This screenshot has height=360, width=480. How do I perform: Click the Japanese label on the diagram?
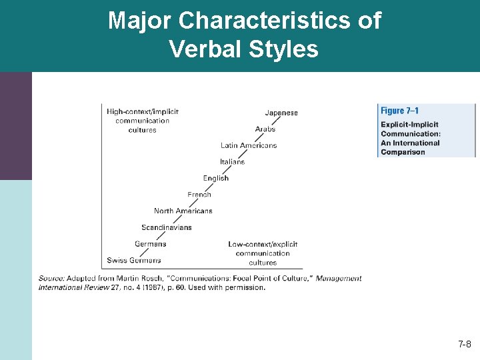(281, 113)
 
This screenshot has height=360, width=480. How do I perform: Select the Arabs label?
(265, 129)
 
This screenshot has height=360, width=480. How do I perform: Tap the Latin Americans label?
(249, 145)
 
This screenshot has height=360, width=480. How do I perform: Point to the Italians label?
(232, 161)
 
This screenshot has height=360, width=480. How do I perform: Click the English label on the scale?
(216, 178)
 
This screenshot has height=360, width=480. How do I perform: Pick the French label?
(199, 195)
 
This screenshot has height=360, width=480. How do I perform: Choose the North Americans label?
(183, 211)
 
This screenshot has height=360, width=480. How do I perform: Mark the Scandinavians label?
(166, 227)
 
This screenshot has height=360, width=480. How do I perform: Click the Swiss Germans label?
(133, 260)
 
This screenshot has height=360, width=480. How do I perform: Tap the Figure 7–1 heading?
(400, 111)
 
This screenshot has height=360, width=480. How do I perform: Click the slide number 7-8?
(465, 345)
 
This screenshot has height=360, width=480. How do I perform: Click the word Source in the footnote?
(51, 279)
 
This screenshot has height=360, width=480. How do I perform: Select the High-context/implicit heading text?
(143, 111)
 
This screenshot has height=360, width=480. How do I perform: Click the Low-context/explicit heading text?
(263, 244)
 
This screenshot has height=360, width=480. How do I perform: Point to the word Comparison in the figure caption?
(403, 152)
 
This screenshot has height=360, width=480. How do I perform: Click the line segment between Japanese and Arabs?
(273, 121)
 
